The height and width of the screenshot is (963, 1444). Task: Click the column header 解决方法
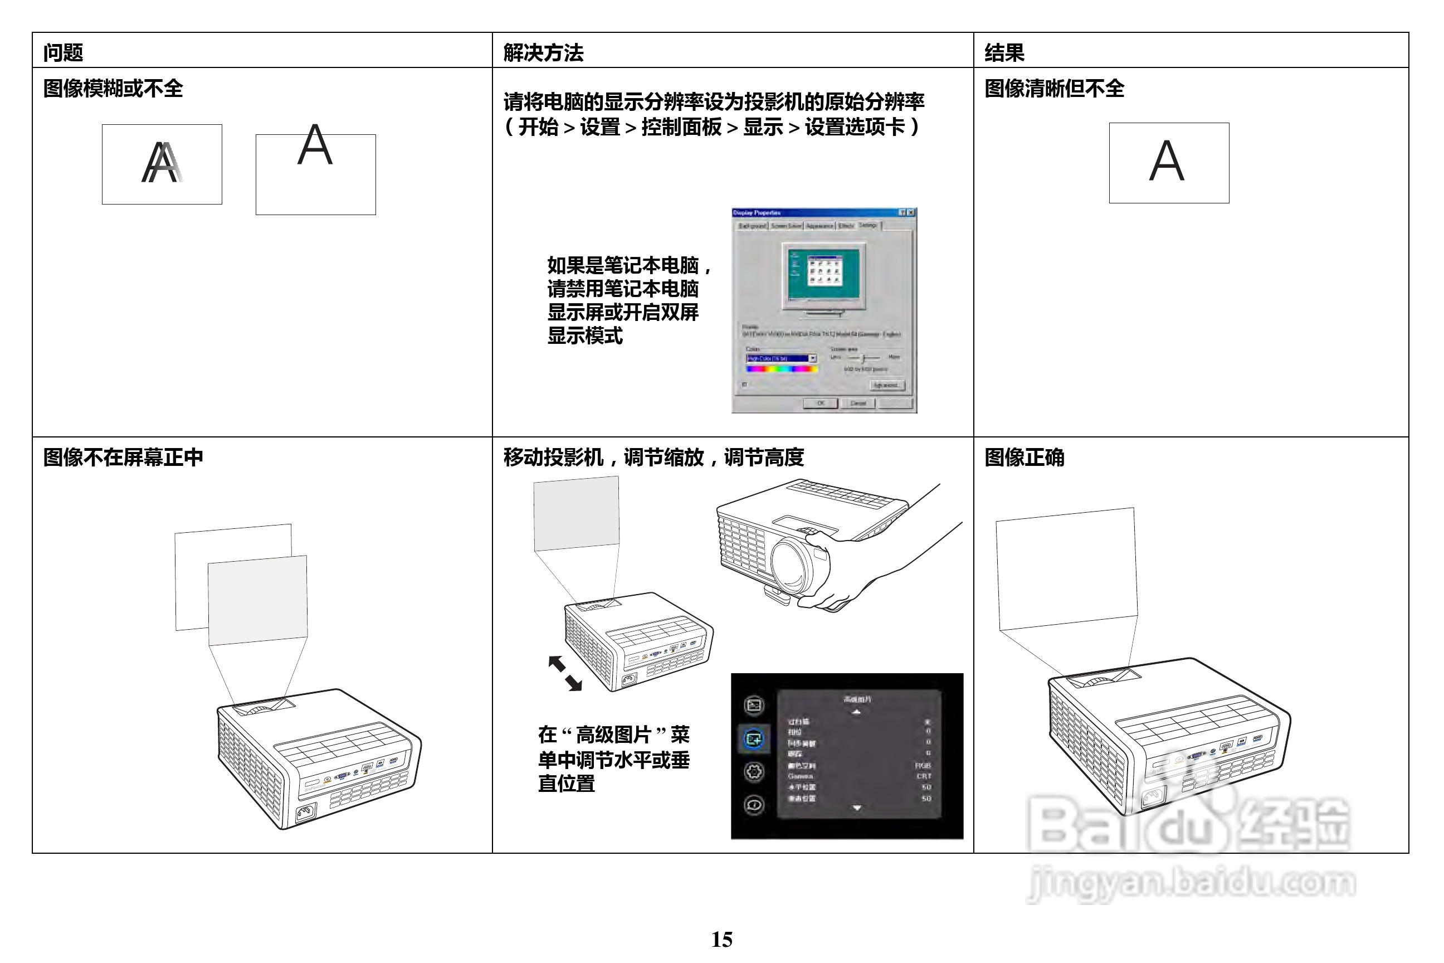543,53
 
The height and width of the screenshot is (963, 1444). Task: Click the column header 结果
1004,53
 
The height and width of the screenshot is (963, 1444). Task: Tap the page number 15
721,939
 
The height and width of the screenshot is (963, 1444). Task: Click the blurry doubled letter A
162,163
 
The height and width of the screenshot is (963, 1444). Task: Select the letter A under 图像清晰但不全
1166,161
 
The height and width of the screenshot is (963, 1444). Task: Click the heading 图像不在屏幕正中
123,457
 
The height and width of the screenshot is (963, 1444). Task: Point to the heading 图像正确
1024,457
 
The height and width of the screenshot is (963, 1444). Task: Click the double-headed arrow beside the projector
565,673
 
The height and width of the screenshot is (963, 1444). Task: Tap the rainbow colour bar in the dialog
782,368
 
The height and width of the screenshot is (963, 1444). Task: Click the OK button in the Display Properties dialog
820,403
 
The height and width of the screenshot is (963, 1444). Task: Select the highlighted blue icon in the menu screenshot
753,738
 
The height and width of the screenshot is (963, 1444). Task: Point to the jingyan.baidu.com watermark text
1191,883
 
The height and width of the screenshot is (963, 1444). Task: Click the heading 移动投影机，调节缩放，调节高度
653,457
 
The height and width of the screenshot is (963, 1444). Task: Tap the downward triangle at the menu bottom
857,808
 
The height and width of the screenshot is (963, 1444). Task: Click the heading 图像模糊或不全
113,89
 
